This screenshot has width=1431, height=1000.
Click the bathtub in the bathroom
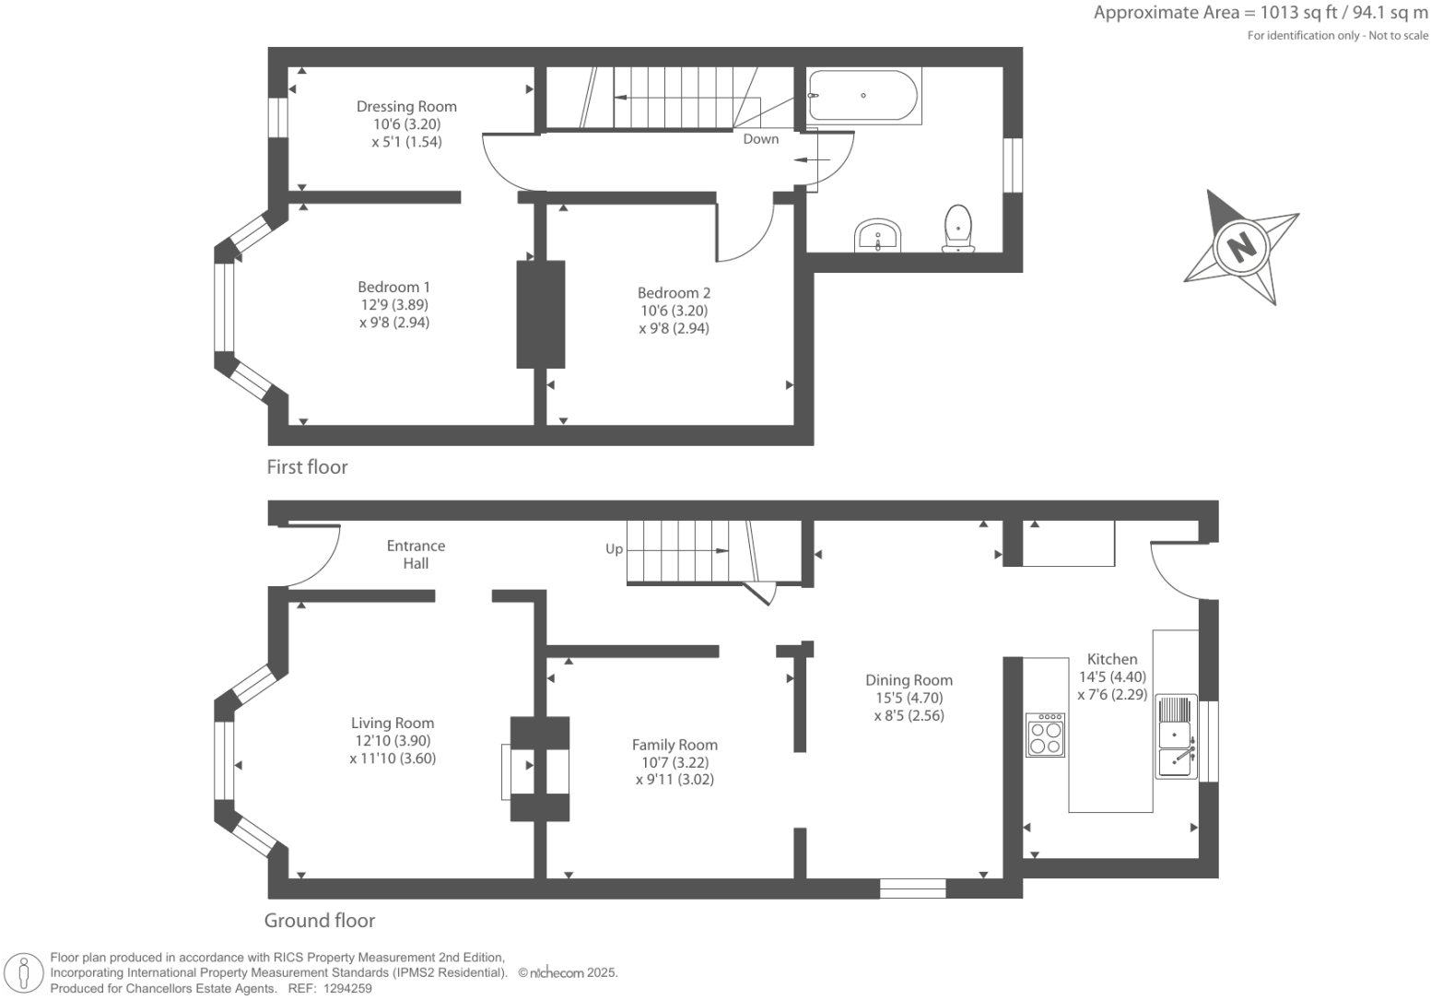[862, 96]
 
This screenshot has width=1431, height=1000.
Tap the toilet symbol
[958, 228]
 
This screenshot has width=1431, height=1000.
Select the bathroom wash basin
[878, 236]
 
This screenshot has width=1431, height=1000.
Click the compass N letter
[1242, 246]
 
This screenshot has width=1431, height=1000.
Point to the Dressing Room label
[406, 107]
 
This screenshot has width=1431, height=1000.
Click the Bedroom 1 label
[393, 288]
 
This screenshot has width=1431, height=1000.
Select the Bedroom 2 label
[674, 293]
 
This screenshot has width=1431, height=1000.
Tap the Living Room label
[393, 724]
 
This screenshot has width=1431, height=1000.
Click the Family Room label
[674, 745]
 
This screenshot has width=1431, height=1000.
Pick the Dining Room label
[909, 680]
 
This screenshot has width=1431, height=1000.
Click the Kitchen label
[1112, 659]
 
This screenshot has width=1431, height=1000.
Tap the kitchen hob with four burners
[1046, 735]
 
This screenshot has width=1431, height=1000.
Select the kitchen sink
[1176, 736]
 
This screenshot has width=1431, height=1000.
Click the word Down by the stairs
[761, 139]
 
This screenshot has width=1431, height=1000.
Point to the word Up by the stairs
[615, 549]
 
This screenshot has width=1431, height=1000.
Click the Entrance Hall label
[416, 555]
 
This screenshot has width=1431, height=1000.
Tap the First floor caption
[307, 467]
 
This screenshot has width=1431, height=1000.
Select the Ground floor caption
[320, 921]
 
